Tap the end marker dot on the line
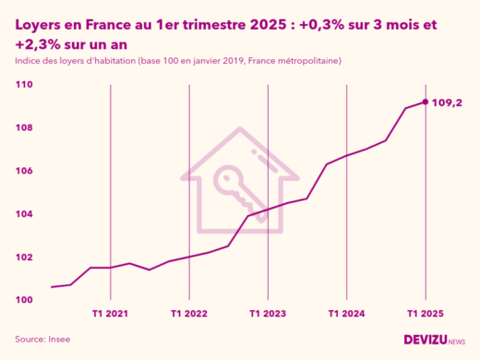(425, 102)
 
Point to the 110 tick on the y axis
(24, 85)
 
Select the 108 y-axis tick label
(24, 128)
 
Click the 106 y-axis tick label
(24, 172)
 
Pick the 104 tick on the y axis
(24, 214)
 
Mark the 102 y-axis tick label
(24, 258)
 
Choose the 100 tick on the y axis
(24, 301)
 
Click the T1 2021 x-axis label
(111, 315)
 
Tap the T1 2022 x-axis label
(189, 315)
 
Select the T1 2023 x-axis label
(268, 315)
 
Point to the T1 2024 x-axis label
(346, 315)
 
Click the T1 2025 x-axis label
(425, 315)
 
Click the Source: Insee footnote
(42, 340)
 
